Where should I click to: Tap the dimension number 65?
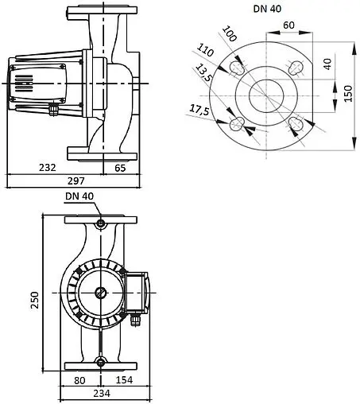(120, 168)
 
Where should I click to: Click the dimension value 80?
(80, 379)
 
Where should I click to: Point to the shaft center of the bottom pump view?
(100, 292)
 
